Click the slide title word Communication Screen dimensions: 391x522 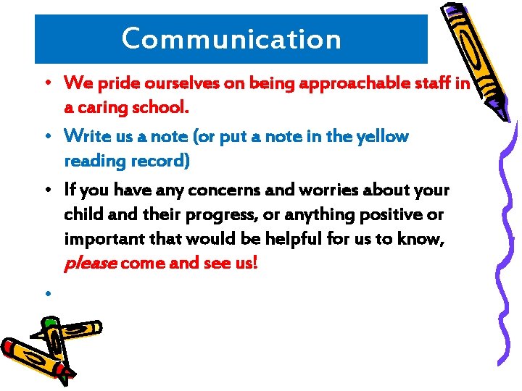[x=231, y=38]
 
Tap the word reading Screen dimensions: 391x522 [x=94, y=161]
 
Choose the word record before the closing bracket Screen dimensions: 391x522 [x=164, y=161]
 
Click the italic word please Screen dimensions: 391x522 [x=90, y=264]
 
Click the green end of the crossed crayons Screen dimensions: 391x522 [x=51, y=321]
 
